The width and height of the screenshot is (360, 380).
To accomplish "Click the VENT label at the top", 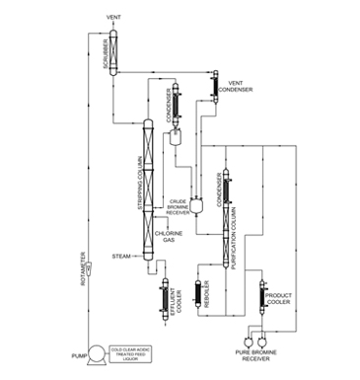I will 113,18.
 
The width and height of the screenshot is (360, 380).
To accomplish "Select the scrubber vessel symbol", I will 114,46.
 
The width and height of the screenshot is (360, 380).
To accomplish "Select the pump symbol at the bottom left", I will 98,350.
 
